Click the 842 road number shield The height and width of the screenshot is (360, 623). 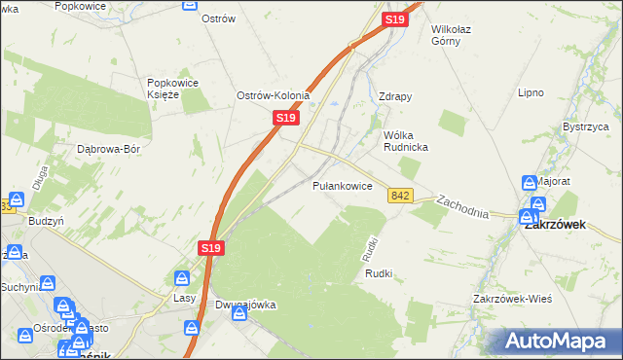tap(399, 196)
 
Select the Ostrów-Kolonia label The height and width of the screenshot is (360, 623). tap(274, 95)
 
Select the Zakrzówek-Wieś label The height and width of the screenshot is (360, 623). tap(512, 298)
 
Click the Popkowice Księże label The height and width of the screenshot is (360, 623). tap(173, 89)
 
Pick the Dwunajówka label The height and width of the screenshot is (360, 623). tap(245, 305)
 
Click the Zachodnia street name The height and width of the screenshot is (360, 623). tap(462, 206)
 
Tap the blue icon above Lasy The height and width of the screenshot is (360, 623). tap(182, 279)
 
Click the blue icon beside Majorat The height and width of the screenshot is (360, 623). tap(529, 182)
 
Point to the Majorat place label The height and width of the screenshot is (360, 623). tap(553, 182)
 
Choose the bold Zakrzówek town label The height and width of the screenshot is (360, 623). tap(560, 223)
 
